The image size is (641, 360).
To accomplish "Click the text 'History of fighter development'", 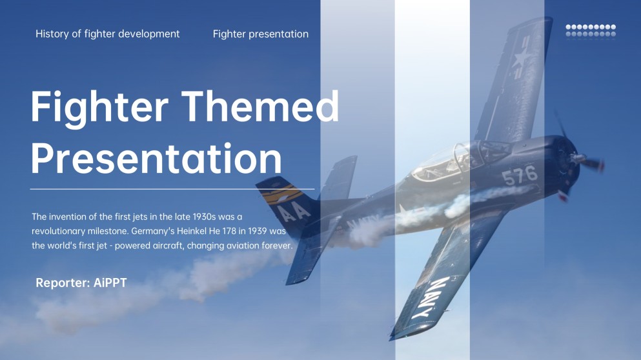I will [x=108, y=34].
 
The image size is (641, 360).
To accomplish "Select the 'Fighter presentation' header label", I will [x=260, y=34].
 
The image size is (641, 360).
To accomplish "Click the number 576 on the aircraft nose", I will [x=520, y=174].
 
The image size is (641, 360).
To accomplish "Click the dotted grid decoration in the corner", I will [x=591, y=30].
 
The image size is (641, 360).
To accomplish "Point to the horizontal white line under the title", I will [x=172, y=190].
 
